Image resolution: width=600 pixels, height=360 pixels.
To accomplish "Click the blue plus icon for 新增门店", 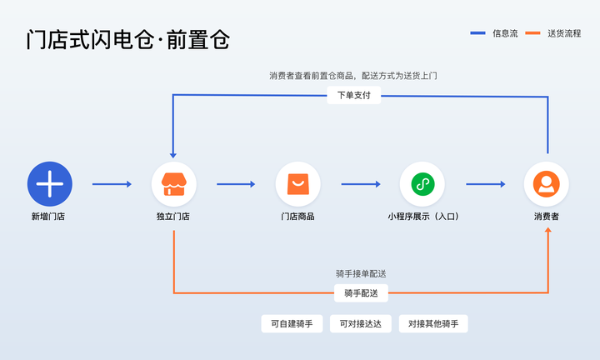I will tap(50, 183).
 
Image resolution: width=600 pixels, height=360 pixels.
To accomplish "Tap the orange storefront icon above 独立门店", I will tap(173, 183).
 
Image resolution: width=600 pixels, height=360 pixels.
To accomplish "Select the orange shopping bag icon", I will tap(297, 183).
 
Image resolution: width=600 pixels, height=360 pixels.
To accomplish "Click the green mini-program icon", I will tap(422, 183).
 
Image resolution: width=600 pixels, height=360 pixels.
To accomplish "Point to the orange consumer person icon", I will tap(546, 183).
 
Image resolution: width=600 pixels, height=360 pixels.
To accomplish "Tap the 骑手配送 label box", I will tap(360, 293).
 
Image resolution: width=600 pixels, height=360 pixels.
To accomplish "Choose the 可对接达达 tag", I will tap(360, 324).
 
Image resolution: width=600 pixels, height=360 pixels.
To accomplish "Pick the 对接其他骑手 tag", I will tap(432, 324).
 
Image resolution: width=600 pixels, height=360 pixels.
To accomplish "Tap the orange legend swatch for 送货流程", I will tap(532, 33).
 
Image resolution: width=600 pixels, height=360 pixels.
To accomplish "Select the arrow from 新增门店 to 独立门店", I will tap(112, 183).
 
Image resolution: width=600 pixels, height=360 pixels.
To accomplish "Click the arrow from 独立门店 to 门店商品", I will tap(236, 183).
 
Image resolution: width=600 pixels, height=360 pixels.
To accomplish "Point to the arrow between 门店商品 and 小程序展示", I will tap(360, 183).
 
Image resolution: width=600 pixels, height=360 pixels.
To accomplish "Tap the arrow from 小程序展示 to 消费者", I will tap(485, 183).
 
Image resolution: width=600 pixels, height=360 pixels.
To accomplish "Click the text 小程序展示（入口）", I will tap(422, 217).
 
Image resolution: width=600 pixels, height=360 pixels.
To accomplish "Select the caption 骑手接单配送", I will tap(360, 273).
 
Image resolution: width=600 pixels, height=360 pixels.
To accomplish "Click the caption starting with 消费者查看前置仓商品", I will tap(353, 75).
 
